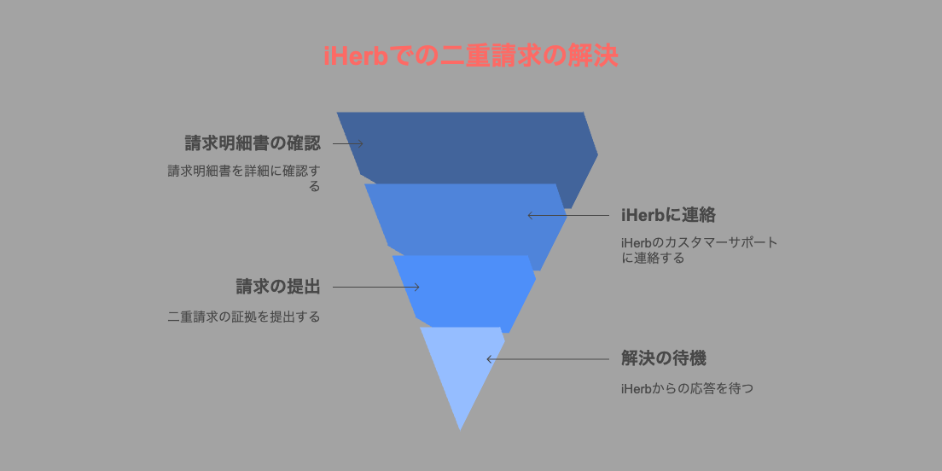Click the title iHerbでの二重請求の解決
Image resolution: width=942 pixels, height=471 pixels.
[x=470, y=57]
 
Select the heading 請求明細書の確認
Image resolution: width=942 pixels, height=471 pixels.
[x=253, y=143]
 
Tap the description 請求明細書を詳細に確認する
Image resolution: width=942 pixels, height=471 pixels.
[x=244, y=178]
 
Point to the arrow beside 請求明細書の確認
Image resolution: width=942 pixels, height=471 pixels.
[x=348, y=143]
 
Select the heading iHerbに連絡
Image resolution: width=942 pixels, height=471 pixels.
[x=668, y=215]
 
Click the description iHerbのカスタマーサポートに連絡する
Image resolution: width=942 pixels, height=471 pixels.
[x=700, y=251]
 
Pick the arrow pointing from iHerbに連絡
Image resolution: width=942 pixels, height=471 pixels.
[x=568, y=215]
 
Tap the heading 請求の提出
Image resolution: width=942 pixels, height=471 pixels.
[x=278, y=288]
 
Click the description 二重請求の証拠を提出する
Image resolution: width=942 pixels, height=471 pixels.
[x=244, y=317]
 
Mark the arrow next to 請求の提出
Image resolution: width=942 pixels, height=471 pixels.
[x=376, y=288]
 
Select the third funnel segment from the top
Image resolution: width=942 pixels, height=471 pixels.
[x=464, y=291]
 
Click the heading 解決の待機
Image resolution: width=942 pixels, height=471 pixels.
[x=663, y=359]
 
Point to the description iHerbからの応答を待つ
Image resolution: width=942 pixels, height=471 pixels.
[x=687, y=389]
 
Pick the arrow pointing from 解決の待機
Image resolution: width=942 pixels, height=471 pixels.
[x=548, y=359]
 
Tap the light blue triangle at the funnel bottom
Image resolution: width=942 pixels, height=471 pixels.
[x=462, y=366]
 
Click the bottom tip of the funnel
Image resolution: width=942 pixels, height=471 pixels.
[x=460, y=430]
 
